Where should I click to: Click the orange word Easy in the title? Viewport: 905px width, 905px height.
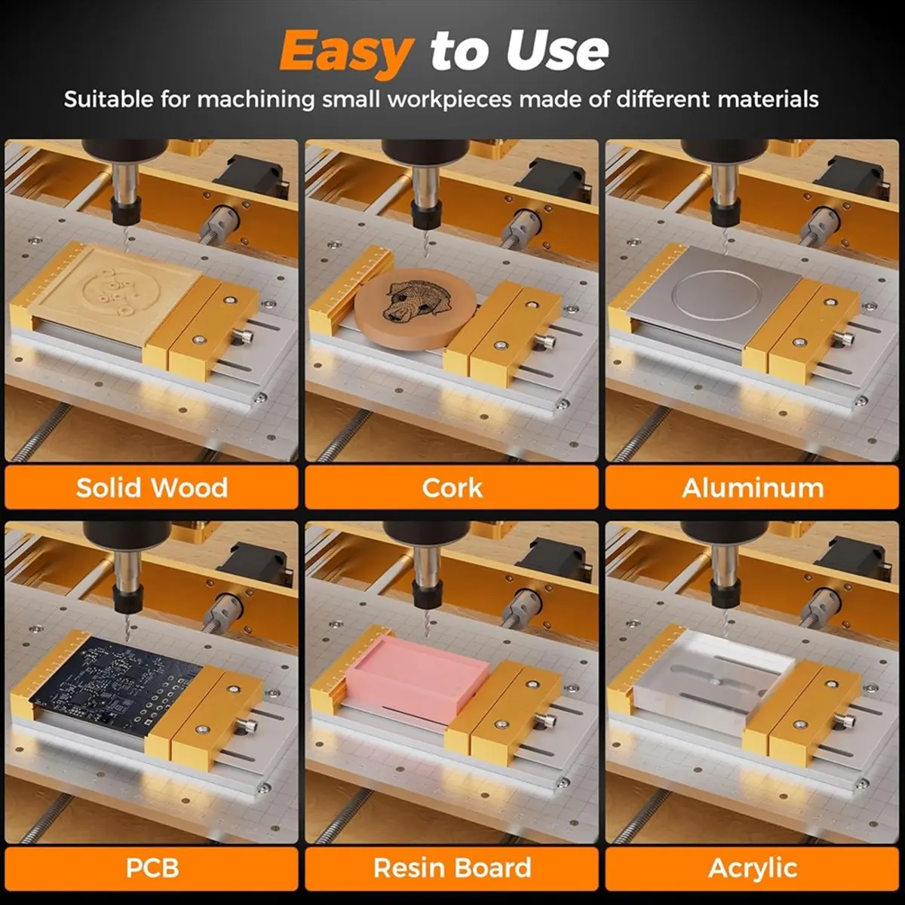345,51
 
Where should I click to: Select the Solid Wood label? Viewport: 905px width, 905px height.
152,487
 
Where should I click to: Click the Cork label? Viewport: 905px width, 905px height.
452,487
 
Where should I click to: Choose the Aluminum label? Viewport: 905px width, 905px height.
753,487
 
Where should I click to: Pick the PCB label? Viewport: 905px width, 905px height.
152,867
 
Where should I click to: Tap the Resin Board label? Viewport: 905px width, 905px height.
452,867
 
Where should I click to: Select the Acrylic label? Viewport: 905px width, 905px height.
753,867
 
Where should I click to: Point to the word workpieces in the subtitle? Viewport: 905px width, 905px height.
449,100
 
